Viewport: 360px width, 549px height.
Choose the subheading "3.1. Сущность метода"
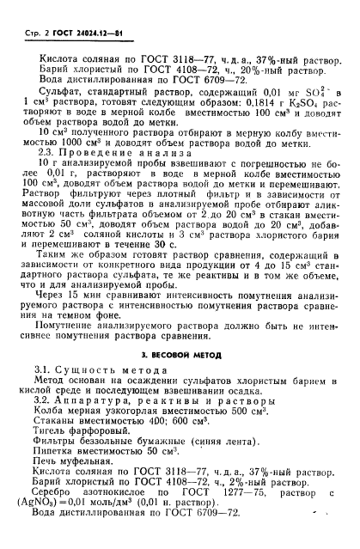(x=91, y=393)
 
